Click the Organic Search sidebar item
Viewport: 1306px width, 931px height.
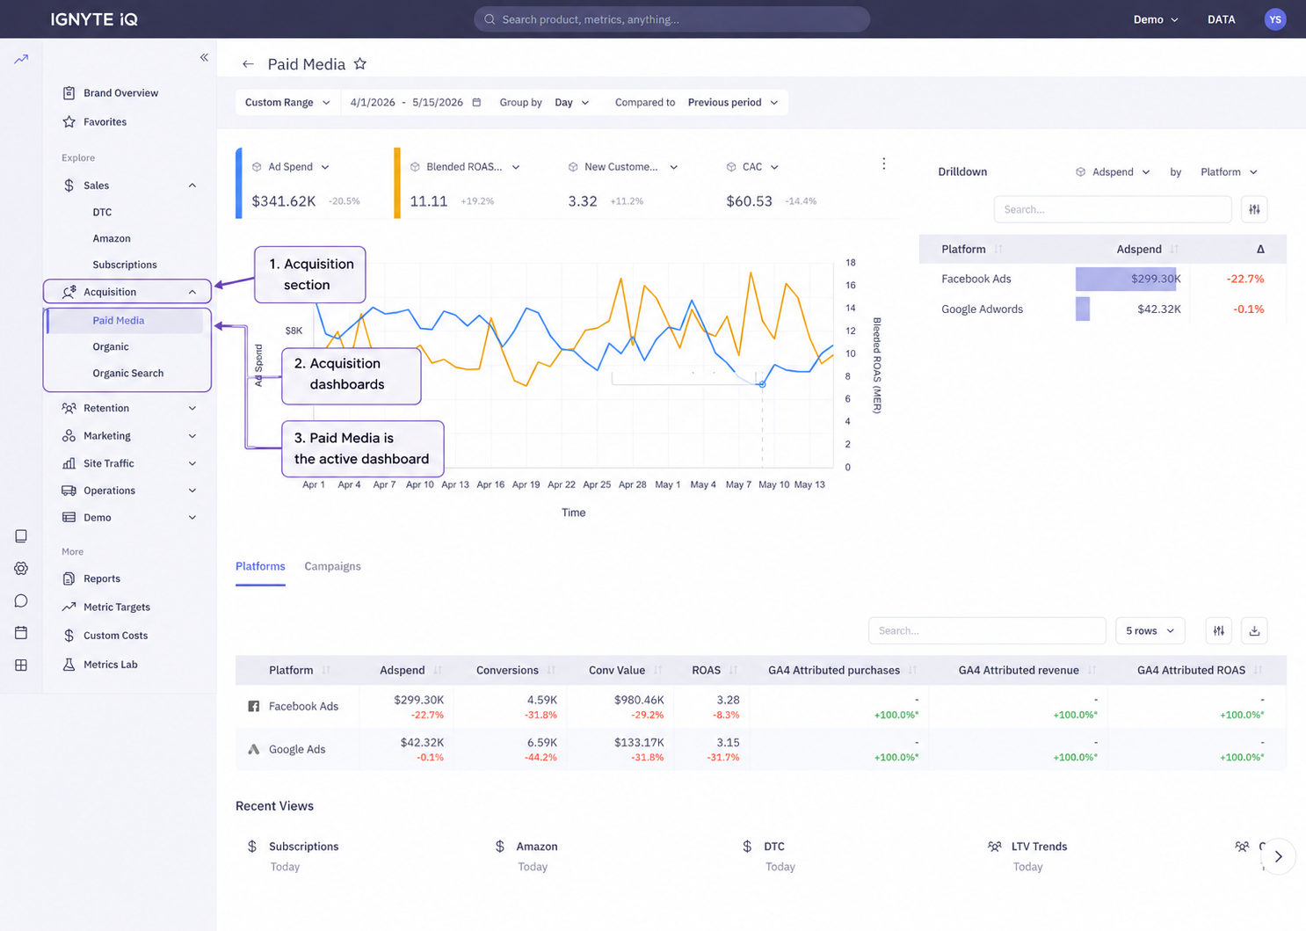coord(127,373)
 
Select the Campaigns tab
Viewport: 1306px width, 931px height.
coord(332,566)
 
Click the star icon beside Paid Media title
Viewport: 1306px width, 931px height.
coord(360,63)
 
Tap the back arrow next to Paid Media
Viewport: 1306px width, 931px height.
coord(249,64)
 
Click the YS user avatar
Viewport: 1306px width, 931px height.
coord(1275,19)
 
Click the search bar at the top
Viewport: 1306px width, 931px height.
coord(671,19)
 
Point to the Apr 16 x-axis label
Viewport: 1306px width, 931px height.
coord(490,484)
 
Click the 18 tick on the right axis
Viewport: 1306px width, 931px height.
coord(851,263)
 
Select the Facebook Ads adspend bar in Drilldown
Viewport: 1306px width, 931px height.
coord(1126,279)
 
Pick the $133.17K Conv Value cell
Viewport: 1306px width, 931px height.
coord(639,742)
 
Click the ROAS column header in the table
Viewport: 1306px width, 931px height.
coord(706,670)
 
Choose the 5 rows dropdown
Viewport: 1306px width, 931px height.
coord(1150,630)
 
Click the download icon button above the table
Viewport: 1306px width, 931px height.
coord(1254,630)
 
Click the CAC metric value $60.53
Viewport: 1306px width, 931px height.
coord(749,201)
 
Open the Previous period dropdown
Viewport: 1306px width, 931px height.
coord(732,102)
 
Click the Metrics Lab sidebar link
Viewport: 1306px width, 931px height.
coord(110,665)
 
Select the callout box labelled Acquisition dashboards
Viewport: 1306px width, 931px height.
coord(351,376)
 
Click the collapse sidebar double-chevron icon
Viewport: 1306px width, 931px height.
coord(204,57)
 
